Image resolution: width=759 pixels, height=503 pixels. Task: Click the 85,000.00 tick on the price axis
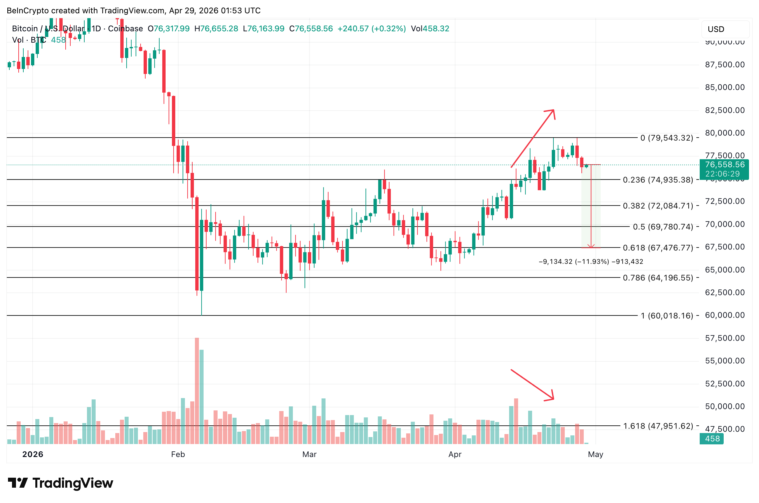click(725, 87)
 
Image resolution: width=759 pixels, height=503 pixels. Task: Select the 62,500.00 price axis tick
click(725, 292)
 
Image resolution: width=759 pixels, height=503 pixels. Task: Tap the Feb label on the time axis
click(178, 454)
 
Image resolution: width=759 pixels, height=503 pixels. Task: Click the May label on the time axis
click(595, 454)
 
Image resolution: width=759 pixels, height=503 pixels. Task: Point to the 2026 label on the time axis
click(33, 454)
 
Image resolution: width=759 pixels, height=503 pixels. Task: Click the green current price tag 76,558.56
click(724, 165)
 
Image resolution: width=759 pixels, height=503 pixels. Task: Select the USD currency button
click(716, 29)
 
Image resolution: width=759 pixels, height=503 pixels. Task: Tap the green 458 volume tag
click(712, 439)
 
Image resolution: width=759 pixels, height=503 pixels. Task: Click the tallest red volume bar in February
click(197, 390)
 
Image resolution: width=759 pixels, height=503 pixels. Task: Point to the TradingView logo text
click(73, 483)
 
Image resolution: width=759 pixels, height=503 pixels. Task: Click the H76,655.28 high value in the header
click(216, 29)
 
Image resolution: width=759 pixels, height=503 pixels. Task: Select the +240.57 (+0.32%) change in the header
click(372, 29)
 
